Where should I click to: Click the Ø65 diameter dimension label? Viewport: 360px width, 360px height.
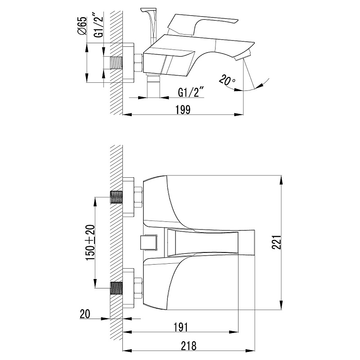(82, 26)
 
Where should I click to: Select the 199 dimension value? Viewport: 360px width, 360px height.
(183, 109)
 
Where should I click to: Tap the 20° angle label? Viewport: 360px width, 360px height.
(227, 80)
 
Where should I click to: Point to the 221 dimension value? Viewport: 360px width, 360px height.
(276, 242)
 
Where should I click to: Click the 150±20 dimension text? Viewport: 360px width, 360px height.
(90, 243)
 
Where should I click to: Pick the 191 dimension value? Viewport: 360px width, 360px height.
(181, 327)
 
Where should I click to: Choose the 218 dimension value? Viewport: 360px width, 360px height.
(189, 346)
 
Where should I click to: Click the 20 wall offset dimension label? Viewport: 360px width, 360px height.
(85, 314)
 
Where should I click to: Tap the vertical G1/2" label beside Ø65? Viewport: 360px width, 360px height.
(99, 25)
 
